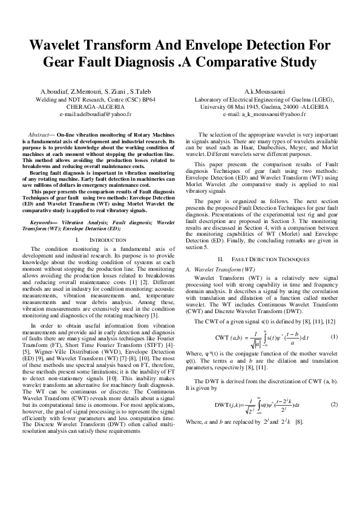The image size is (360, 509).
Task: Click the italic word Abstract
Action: pyautogui.click(x=42, y=133)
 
